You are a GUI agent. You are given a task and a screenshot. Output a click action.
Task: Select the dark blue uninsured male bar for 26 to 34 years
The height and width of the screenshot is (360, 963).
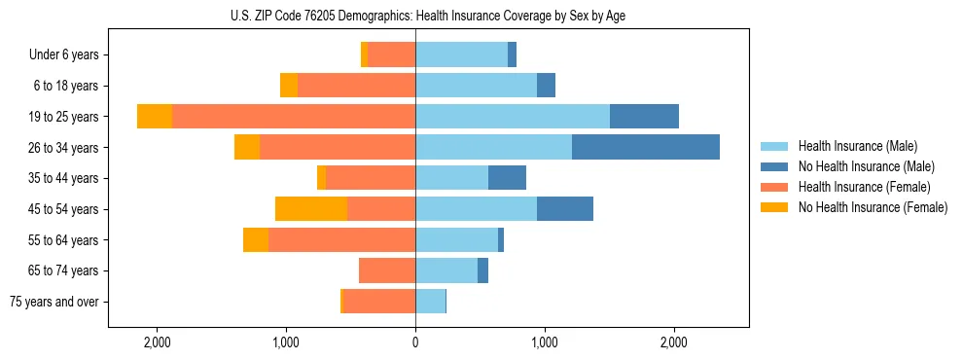point(646,147)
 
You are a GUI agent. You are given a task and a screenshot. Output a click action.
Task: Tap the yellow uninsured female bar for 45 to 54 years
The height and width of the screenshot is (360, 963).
point(311,209)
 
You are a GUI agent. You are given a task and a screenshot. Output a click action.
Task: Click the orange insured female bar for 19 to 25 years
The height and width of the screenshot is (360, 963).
point(294,117)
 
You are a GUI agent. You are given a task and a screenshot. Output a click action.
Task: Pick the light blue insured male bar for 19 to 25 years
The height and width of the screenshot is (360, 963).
point(513,117)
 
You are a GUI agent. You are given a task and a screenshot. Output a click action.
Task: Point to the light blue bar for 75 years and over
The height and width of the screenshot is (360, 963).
point(430,302)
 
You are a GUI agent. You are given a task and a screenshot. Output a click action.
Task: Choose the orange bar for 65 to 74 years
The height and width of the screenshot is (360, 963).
point(387,270)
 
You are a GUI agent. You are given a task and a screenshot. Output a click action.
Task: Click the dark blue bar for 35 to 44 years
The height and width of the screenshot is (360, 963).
point(507,178)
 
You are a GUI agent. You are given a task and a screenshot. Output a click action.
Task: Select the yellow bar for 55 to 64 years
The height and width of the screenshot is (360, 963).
point(256,239)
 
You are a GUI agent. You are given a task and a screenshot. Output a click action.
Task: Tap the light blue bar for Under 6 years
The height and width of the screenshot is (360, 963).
point(461,55)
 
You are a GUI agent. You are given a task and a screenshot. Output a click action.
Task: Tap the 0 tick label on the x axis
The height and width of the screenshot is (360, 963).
point(415,342)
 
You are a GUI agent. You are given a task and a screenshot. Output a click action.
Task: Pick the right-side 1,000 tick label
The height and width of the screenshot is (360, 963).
point(545,342)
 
